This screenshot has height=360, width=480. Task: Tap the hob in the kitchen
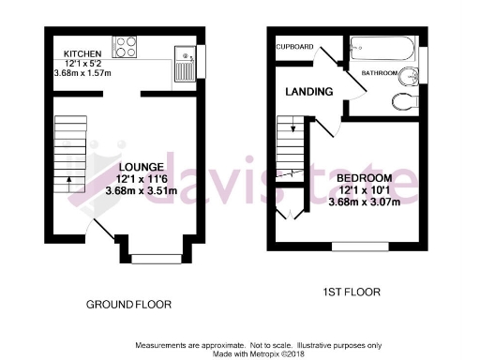(x=125, y=48)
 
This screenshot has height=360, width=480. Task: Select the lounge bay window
(x=155, y=254)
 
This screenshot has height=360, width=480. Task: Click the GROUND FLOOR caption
(x=127, y=306)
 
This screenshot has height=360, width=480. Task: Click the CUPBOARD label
(x=294, y=46)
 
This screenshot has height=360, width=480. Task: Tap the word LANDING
(x=309, y=92)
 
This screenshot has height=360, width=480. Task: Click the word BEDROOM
(x=364, y=178)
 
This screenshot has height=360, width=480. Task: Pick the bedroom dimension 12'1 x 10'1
(x=366, y=189)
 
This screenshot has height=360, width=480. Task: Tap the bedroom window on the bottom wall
(x=353, y=247)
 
